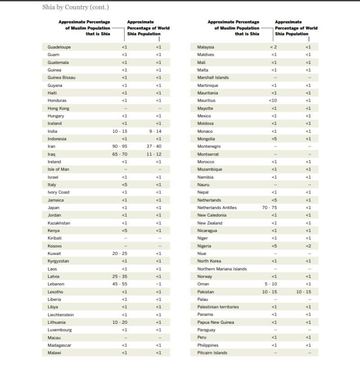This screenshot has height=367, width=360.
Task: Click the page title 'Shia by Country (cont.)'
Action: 76,7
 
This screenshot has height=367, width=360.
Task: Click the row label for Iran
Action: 52,146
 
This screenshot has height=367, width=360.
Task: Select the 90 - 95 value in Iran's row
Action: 120,146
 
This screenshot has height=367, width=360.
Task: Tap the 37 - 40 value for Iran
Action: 154,146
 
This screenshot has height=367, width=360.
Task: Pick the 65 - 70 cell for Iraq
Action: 120,154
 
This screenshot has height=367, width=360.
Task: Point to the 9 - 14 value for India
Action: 155,131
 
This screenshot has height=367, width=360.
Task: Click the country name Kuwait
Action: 54,253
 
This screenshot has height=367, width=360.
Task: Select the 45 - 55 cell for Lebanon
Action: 120,284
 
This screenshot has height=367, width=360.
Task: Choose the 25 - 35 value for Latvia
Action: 120,276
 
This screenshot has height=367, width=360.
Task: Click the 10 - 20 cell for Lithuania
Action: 120,322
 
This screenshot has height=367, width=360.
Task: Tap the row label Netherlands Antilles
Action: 216,207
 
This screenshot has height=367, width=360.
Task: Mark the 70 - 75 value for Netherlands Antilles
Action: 270,207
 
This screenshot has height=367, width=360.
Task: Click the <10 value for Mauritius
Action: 273,100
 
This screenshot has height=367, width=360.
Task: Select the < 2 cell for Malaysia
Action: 273,47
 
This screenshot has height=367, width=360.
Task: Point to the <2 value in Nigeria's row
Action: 308,246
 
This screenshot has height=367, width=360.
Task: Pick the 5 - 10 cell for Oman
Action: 271,284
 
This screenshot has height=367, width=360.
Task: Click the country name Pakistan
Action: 205,291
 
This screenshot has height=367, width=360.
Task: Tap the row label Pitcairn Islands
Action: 212,353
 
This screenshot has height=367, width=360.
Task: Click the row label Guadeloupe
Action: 59,47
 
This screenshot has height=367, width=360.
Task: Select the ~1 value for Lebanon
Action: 158,284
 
